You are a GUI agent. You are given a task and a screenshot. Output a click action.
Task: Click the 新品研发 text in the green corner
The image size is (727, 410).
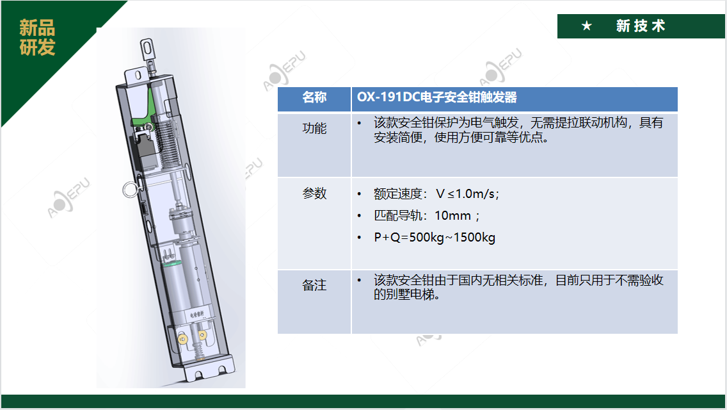click(x=37, y=37)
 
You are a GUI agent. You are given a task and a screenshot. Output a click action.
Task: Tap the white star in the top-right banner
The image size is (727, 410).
click(x=586, y=26)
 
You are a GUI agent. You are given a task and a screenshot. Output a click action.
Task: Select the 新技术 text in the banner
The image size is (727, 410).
click(x=641, y=26)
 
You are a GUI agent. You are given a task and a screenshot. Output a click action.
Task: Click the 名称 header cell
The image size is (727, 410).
click(x=314, y=97)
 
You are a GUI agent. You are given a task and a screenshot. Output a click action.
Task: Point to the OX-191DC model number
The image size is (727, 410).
click(x=388, y=97)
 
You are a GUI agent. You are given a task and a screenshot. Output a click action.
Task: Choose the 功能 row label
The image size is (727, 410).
click(x=314, y=128)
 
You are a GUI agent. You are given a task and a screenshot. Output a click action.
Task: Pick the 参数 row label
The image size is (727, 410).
click(x=314, y=193)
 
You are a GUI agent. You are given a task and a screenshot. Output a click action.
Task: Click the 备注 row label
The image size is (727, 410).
click(x=314, y=284)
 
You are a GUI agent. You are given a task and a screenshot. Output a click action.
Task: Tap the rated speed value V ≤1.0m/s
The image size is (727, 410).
click(x=467, y=193)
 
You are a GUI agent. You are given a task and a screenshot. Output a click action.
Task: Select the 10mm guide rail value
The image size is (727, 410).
click(x=453, y=215)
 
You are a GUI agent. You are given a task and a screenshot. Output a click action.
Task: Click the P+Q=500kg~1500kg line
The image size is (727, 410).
click(x=435, y=237)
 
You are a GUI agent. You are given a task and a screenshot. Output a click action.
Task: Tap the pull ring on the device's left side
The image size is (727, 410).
click(x=131, y=190)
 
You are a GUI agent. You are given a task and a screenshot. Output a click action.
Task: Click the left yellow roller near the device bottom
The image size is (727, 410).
click(x=182, y=339)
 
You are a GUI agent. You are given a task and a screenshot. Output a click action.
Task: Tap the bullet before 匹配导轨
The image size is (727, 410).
click(x=359, y=216)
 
